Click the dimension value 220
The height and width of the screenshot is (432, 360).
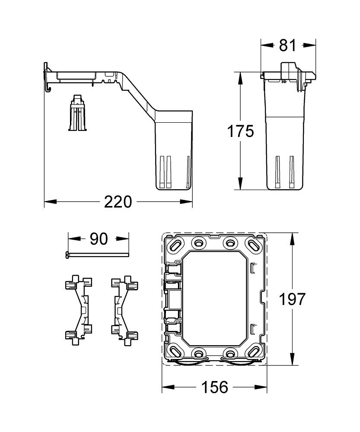pos(118,201)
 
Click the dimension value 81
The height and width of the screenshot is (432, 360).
pos(287,45)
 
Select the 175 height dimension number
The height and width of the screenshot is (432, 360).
pos(240,131)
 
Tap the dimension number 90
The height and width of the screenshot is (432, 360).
pos(99,238)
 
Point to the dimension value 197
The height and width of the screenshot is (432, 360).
pos(292,299)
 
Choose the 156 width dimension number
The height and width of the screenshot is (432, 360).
pos(215,387)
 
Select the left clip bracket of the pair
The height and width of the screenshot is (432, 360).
pos(79,310)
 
